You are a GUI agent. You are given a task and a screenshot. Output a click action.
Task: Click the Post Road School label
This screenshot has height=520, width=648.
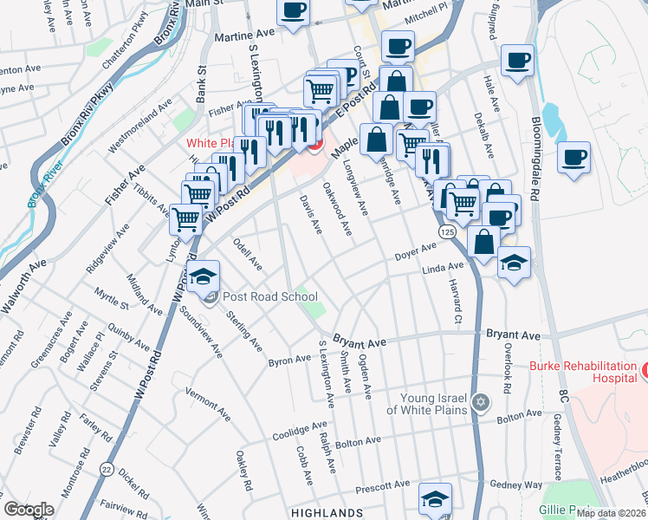pyautogui.click(x=270, y=296)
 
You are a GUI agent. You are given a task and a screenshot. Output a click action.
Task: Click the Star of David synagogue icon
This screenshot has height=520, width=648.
pyautogui.click(x=482, y=403)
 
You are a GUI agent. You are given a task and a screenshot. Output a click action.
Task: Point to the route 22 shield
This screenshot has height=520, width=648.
pyautogui.click(x=106, y=467)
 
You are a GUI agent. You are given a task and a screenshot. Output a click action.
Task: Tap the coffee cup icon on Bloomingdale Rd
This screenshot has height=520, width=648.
pyautogui.click(x=573, y=158)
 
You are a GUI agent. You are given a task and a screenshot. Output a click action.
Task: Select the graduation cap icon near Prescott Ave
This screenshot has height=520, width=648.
pyautogui.click(x=435, y=498)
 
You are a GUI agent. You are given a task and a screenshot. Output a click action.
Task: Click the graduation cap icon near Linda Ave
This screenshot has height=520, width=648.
pyautogui.click(x=514, y=262)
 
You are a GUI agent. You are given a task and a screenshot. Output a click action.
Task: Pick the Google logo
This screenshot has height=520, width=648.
pyautogui.click(x=29, y=510)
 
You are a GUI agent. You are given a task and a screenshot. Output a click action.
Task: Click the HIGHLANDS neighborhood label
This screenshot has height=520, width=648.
pyautogui.click(x=327, y=513)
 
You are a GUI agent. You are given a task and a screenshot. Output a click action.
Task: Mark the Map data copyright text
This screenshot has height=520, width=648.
pyautogui.click(x=611, y=513)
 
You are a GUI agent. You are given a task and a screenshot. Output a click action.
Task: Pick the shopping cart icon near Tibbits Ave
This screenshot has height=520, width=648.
pyautogui.click(x=186, y=220)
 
